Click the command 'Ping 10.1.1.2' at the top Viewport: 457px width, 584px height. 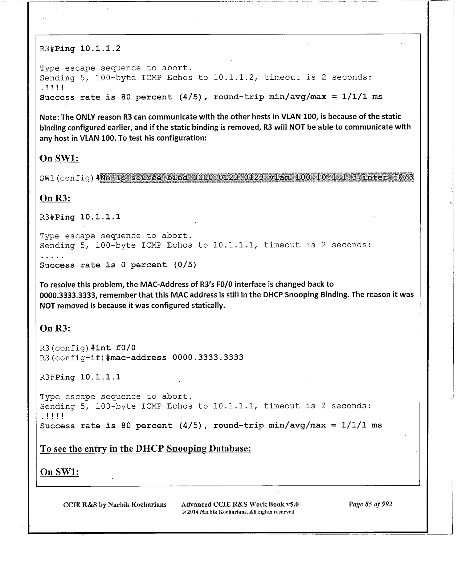(x=88, y=49)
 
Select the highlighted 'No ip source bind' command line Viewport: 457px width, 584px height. (x=257, y=177)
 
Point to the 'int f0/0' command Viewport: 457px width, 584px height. (x=116, y=348)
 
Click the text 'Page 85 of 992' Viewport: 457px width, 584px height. (x=370, y=504)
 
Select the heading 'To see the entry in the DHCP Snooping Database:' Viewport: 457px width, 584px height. (x=145, y=448)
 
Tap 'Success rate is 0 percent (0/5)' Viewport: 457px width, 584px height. (x=118, y=265)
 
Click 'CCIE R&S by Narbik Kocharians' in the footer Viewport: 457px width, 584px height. (x=115, y=505)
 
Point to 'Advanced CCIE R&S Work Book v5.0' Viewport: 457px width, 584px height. (x=240, y=504)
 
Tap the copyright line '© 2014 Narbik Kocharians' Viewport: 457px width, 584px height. (x=238, y=512)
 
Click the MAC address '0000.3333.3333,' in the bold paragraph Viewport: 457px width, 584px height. (x=69, y=295)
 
